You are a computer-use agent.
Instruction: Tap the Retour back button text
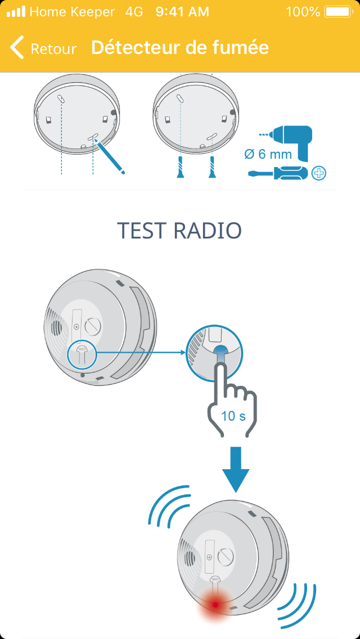tap(54, 49)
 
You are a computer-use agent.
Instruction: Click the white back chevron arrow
tap(16, 47)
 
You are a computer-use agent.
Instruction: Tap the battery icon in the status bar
tap(338, 12)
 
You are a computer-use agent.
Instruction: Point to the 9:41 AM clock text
tap(182, 12)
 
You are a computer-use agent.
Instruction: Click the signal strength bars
tap(16, 12)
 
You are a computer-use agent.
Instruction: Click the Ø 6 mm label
tap(268, 155)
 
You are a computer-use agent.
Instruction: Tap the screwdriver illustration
tap(278, 173)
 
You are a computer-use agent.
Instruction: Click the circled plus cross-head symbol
tap(319, 173)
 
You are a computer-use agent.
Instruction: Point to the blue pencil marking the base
tap(109, 156)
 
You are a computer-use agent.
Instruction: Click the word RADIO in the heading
tap(207, 231)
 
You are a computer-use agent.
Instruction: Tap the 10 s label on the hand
tap(233, 416)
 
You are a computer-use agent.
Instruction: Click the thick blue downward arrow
tap(236, 470)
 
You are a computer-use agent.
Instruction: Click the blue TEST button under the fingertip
tap(220, 352)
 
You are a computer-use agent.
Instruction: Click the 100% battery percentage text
tap(303, 12)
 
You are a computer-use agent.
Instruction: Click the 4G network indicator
tap(134, 12)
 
